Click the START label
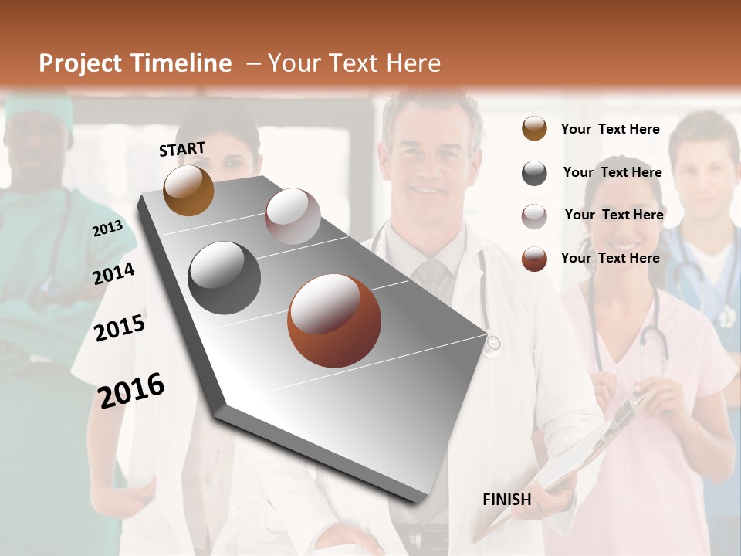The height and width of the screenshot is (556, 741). tap(182, 149)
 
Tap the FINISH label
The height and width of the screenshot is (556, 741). tap(506, 500)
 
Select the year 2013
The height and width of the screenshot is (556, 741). tap(107, 228)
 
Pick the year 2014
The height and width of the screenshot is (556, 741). tap(113, 273)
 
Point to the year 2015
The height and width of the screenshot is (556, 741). tap(120, 328)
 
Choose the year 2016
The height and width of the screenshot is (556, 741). tap(131, 390)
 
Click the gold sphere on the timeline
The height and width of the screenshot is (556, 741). tap(188, 191)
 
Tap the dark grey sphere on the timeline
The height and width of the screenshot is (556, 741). tap(224, 278)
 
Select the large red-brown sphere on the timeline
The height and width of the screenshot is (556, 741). tap(334, 320)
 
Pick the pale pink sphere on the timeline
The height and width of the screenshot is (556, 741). tap(293, 216)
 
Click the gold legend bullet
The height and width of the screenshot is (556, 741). tap(534, 129)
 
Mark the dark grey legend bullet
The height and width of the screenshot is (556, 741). tap(534, 173)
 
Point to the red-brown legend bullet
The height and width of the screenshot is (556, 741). tap(534, 259)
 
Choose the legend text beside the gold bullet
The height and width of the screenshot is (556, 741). tap(610, 129)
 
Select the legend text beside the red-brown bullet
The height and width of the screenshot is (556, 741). tap(610, 258)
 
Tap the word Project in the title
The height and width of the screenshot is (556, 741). tap(80, 63)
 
